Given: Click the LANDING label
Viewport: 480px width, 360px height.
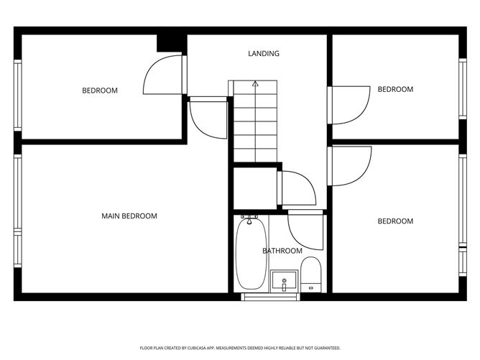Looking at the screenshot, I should [x=264, y=53].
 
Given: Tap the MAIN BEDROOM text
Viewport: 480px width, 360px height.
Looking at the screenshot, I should [x=129, y=216].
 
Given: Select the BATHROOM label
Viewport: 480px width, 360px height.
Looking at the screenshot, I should [x=282, y=251].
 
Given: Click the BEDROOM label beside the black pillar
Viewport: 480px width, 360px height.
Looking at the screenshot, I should [x=100, y=91].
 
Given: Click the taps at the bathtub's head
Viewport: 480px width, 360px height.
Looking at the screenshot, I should [x=249, y=217].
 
